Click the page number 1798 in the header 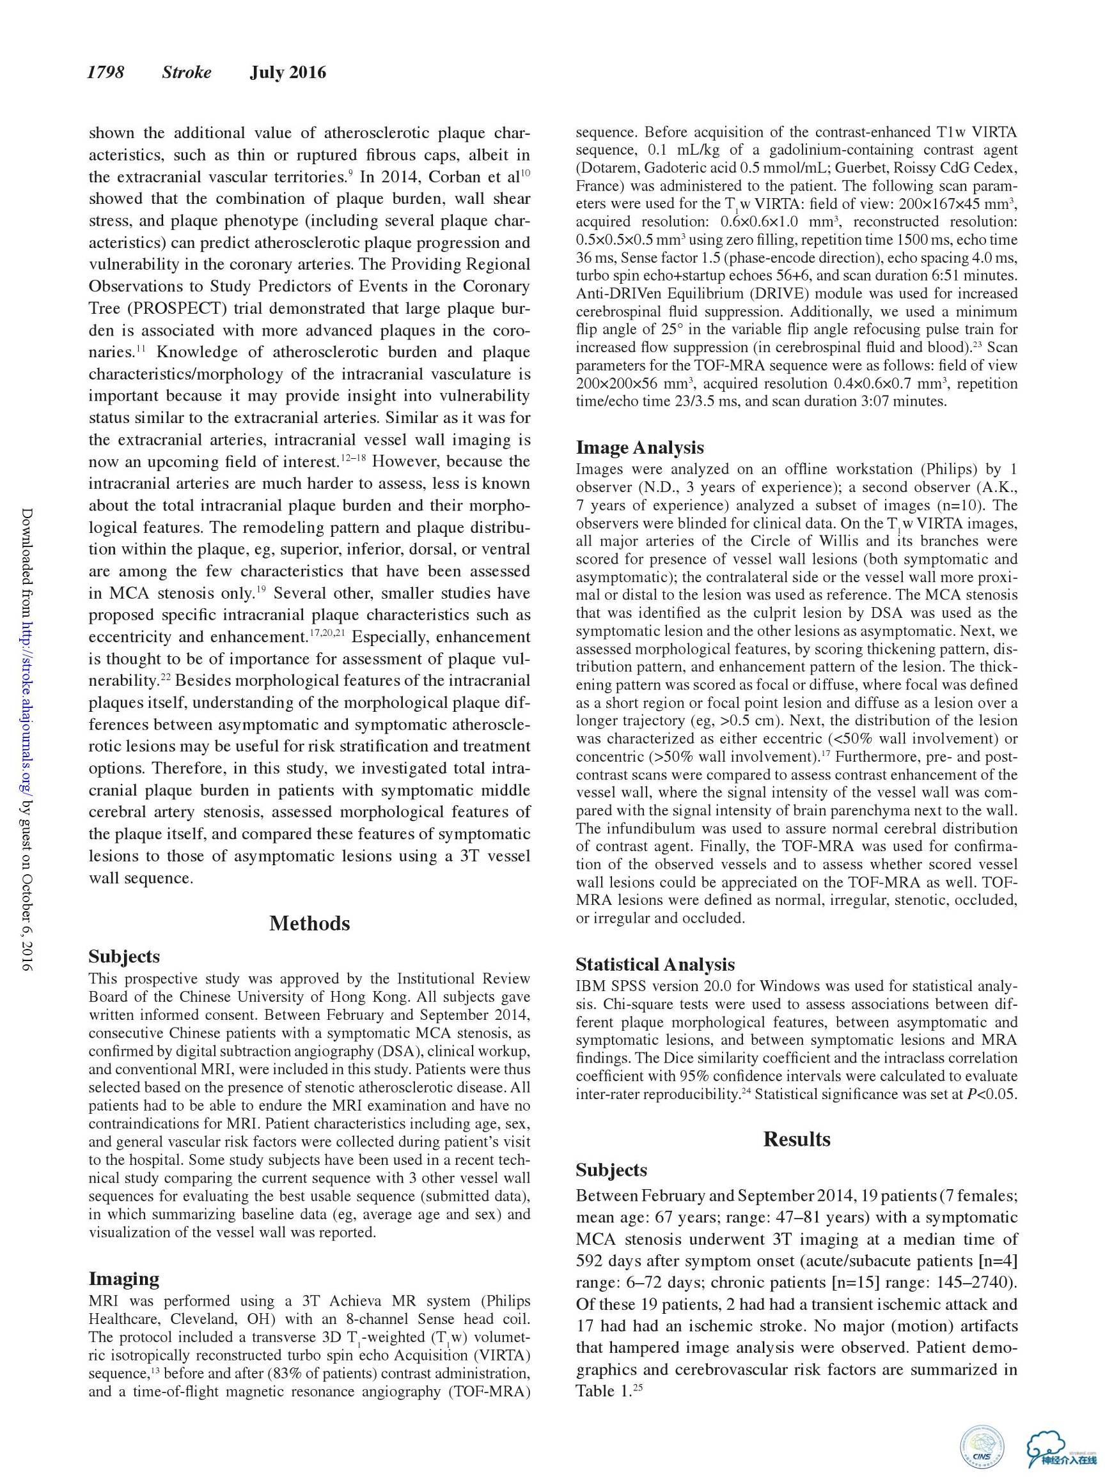pos(106,72)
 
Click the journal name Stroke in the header pos(186,72)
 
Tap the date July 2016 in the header pos(288,72)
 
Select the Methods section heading pos(309,923)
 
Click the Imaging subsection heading pos(123,1278)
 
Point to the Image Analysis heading pos(639,447)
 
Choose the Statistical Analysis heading pos(655,964)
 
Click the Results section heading pos(796,1139)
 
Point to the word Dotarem pos(606,167)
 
